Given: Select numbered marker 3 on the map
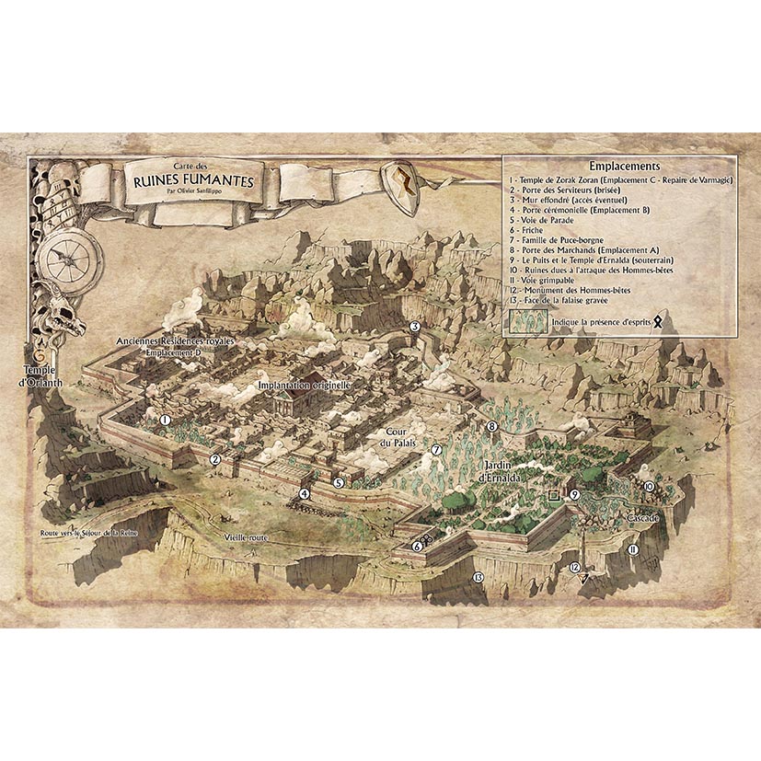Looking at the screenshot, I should click(415, 327).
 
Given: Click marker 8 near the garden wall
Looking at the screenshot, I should click(492, 426).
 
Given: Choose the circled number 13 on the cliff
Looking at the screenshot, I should click(478, 577).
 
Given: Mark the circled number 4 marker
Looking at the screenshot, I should click(303, 493).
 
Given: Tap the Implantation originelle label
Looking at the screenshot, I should click(304, 386).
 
